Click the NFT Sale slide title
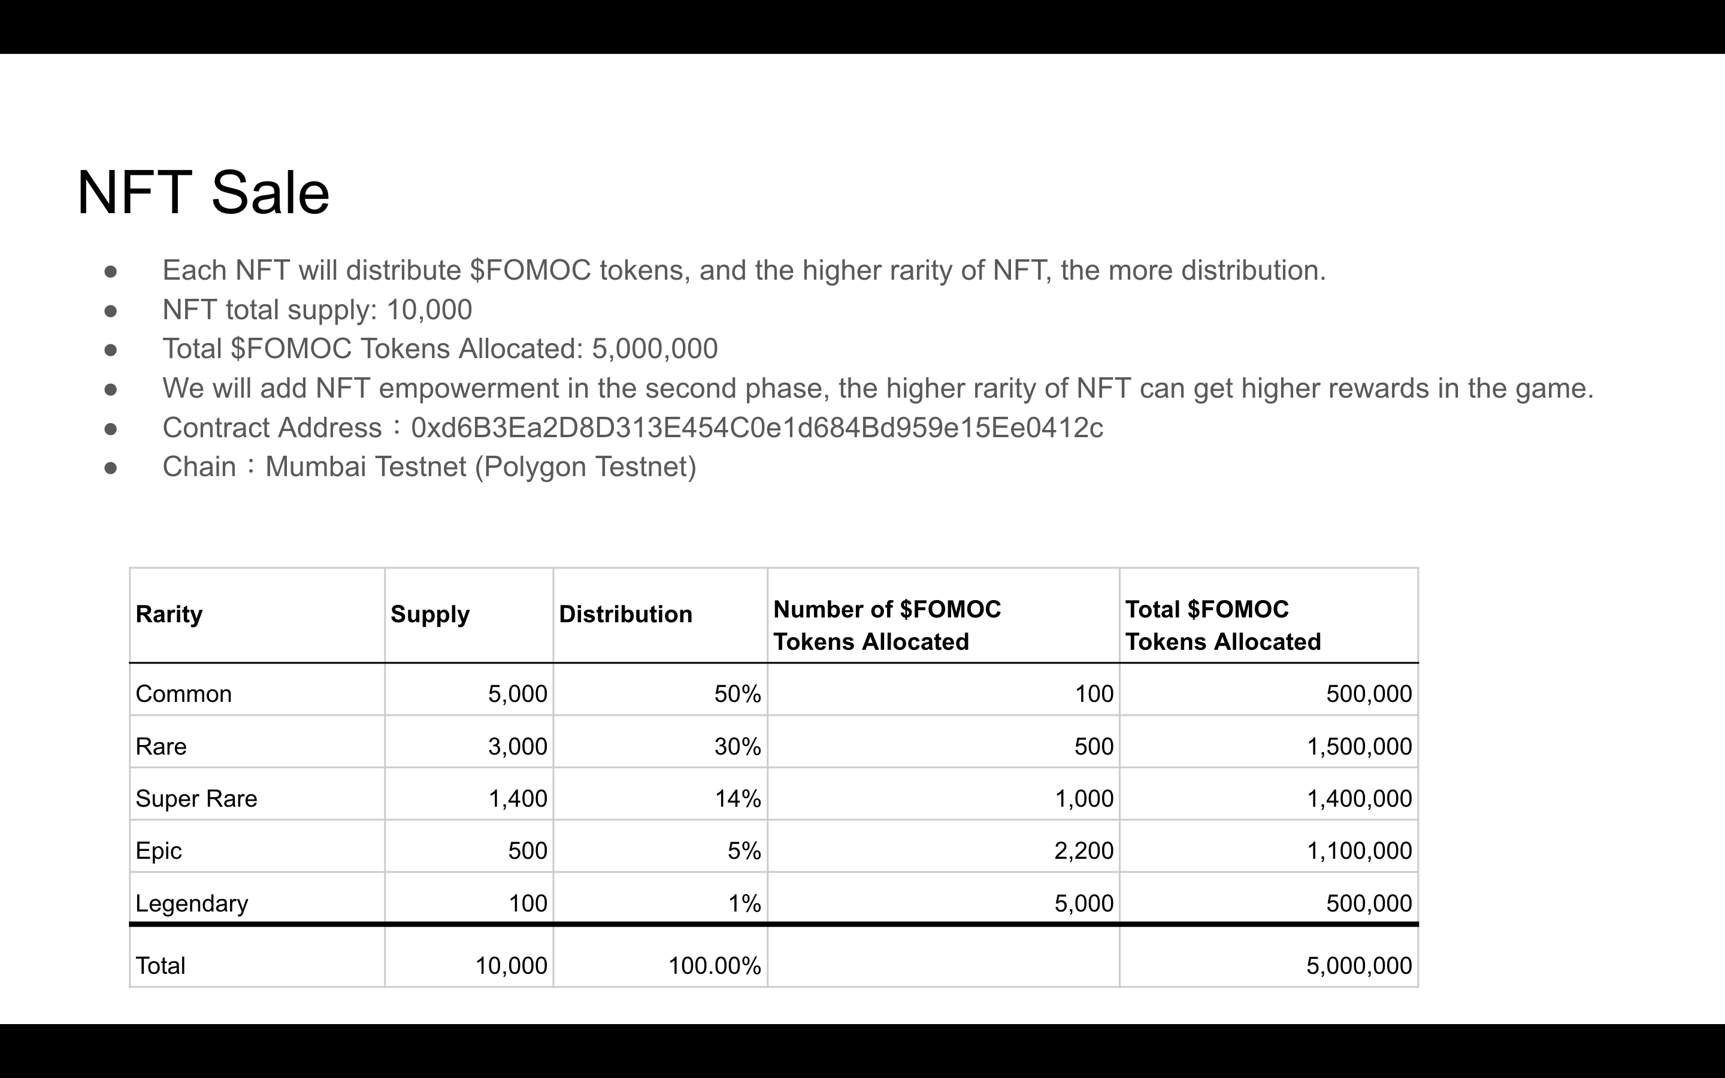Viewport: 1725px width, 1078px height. click(203, 192)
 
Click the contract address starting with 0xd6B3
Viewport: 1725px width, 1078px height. click(757, 428)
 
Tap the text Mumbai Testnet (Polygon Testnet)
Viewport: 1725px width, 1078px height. click(480, 467)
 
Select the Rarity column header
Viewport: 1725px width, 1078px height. click(169, 614)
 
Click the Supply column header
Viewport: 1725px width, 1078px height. click(430, 614)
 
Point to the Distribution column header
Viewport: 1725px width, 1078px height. click(625, 614)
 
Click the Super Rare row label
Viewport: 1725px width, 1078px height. click(196, 798)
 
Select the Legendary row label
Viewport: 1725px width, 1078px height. click(192, 903)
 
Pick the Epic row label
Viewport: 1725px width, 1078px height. click(158, 850)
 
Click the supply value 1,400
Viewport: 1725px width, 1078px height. click(517, 798)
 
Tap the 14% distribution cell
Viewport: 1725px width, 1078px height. click(738, 798)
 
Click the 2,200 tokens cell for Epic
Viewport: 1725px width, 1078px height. click(1084, 850)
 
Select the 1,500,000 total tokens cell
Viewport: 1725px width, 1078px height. click(1358, 746)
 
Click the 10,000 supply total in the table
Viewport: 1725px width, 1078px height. click(511, 965)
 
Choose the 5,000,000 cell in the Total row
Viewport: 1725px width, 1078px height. click(1358, 965)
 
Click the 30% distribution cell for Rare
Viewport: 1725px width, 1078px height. click(738, 746)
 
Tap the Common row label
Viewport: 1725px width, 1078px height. click(183, 694)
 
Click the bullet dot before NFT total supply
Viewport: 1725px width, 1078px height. click(110, 310)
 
